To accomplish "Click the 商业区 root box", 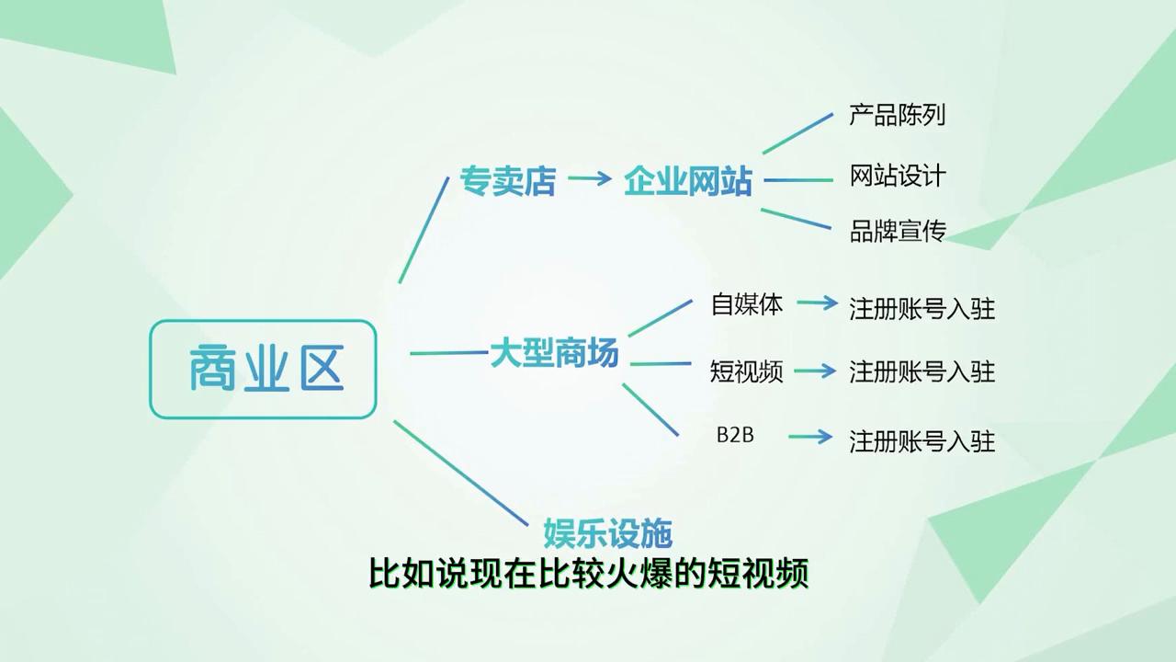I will pyautogui.click(x=263, y=369).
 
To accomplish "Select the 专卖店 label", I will pyautogui.click(x=507, y=181).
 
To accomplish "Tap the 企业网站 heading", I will pyautogui.click(x=688, y=181).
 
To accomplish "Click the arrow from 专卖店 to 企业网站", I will pyautogui.click(x=589, y=178).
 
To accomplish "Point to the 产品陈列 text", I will pyautogui.click(x=898, y=115).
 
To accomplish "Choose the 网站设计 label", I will pyautogui.click(x=898, y=176).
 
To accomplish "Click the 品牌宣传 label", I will pyautogui.click(x=898, y=231).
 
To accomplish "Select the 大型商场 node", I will pyautogui.click(x=554, y=354).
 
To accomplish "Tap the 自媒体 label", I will pyautogui.click(x=747, y=304).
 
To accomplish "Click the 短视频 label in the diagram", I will pyautogui.click(x=746, y=371).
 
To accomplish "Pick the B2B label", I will pyautogui.click(x=735, y=436).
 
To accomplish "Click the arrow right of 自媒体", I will pyautogui.click(x=818, y=302).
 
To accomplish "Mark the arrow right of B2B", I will pyautogui.click(x=810, y=437).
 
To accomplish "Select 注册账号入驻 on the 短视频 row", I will pyautogui.click(x=922, y=371).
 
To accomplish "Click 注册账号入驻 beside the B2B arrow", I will pyautogui.click(x=922, y=440).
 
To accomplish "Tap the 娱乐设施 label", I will pyautogui.click(x=607, y=532).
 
